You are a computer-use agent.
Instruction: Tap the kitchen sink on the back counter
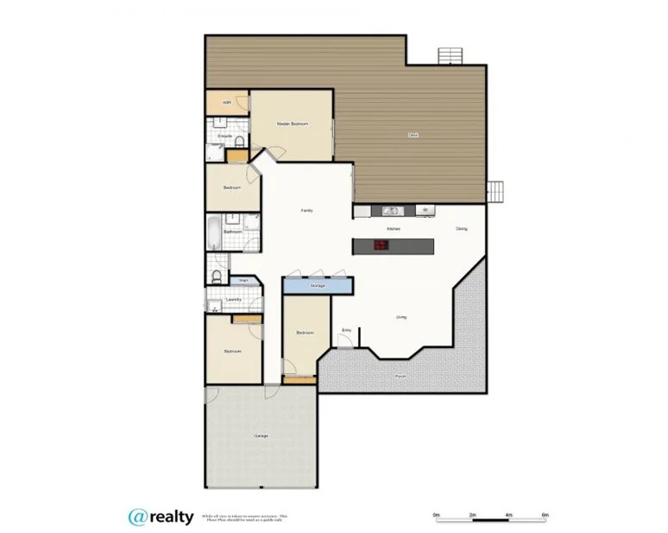click(390, 210)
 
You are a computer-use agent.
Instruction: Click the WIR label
click(227, 103)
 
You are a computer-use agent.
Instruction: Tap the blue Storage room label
click(318, 284)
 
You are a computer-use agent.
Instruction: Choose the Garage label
click(261, 435)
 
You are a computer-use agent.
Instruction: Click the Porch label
click(400, 377)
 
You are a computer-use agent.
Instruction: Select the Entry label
click(347, 329)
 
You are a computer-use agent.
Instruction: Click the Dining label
click(462, 228)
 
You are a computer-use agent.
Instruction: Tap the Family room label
click(306, 211)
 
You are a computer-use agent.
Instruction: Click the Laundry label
click(233, 300)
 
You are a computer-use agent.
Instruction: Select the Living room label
click(401, 317)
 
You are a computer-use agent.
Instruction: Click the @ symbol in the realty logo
click(138, 517)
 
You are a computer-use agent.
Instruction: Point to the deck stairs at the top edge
click(451, 55)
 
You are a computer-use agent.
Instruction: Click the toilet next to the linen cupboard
click(216, 276)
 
